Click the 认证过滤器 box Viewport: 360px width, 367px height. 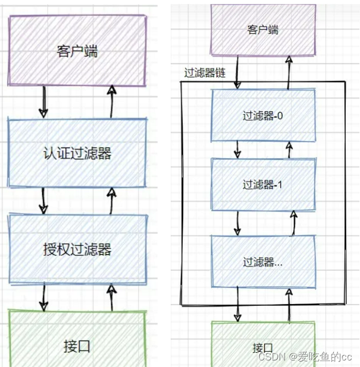(x=77, y=153)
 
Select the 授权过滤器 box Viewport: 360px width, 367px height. (x=77, y=249)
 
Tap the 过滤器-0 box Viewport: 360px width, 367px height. (x=263, y=115)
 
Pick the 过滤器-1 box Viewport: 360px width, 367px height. (x=263, y=185)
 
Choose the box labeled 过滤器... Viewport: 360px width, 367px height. (x=263, y=261)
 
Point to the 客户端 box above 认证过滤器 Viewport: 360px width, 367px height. (x=77, y=51)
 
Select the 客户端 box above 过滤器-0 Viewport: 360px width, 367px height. (x=263, y=30)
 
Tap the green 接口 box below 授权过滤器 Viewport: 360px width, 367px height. (x=77, y=346)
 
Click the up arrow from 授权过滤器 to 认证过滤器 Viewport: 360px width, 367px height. (x=112, y=201)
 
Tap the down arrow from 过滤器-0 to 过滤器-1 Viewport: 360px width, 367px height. (x=237, y=149)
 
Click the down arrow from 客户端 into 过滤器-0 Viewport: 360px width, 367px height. (x=237, y=71)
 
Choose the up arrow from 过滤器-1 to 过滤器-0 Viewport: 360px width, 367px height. (x=289, y=149)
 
